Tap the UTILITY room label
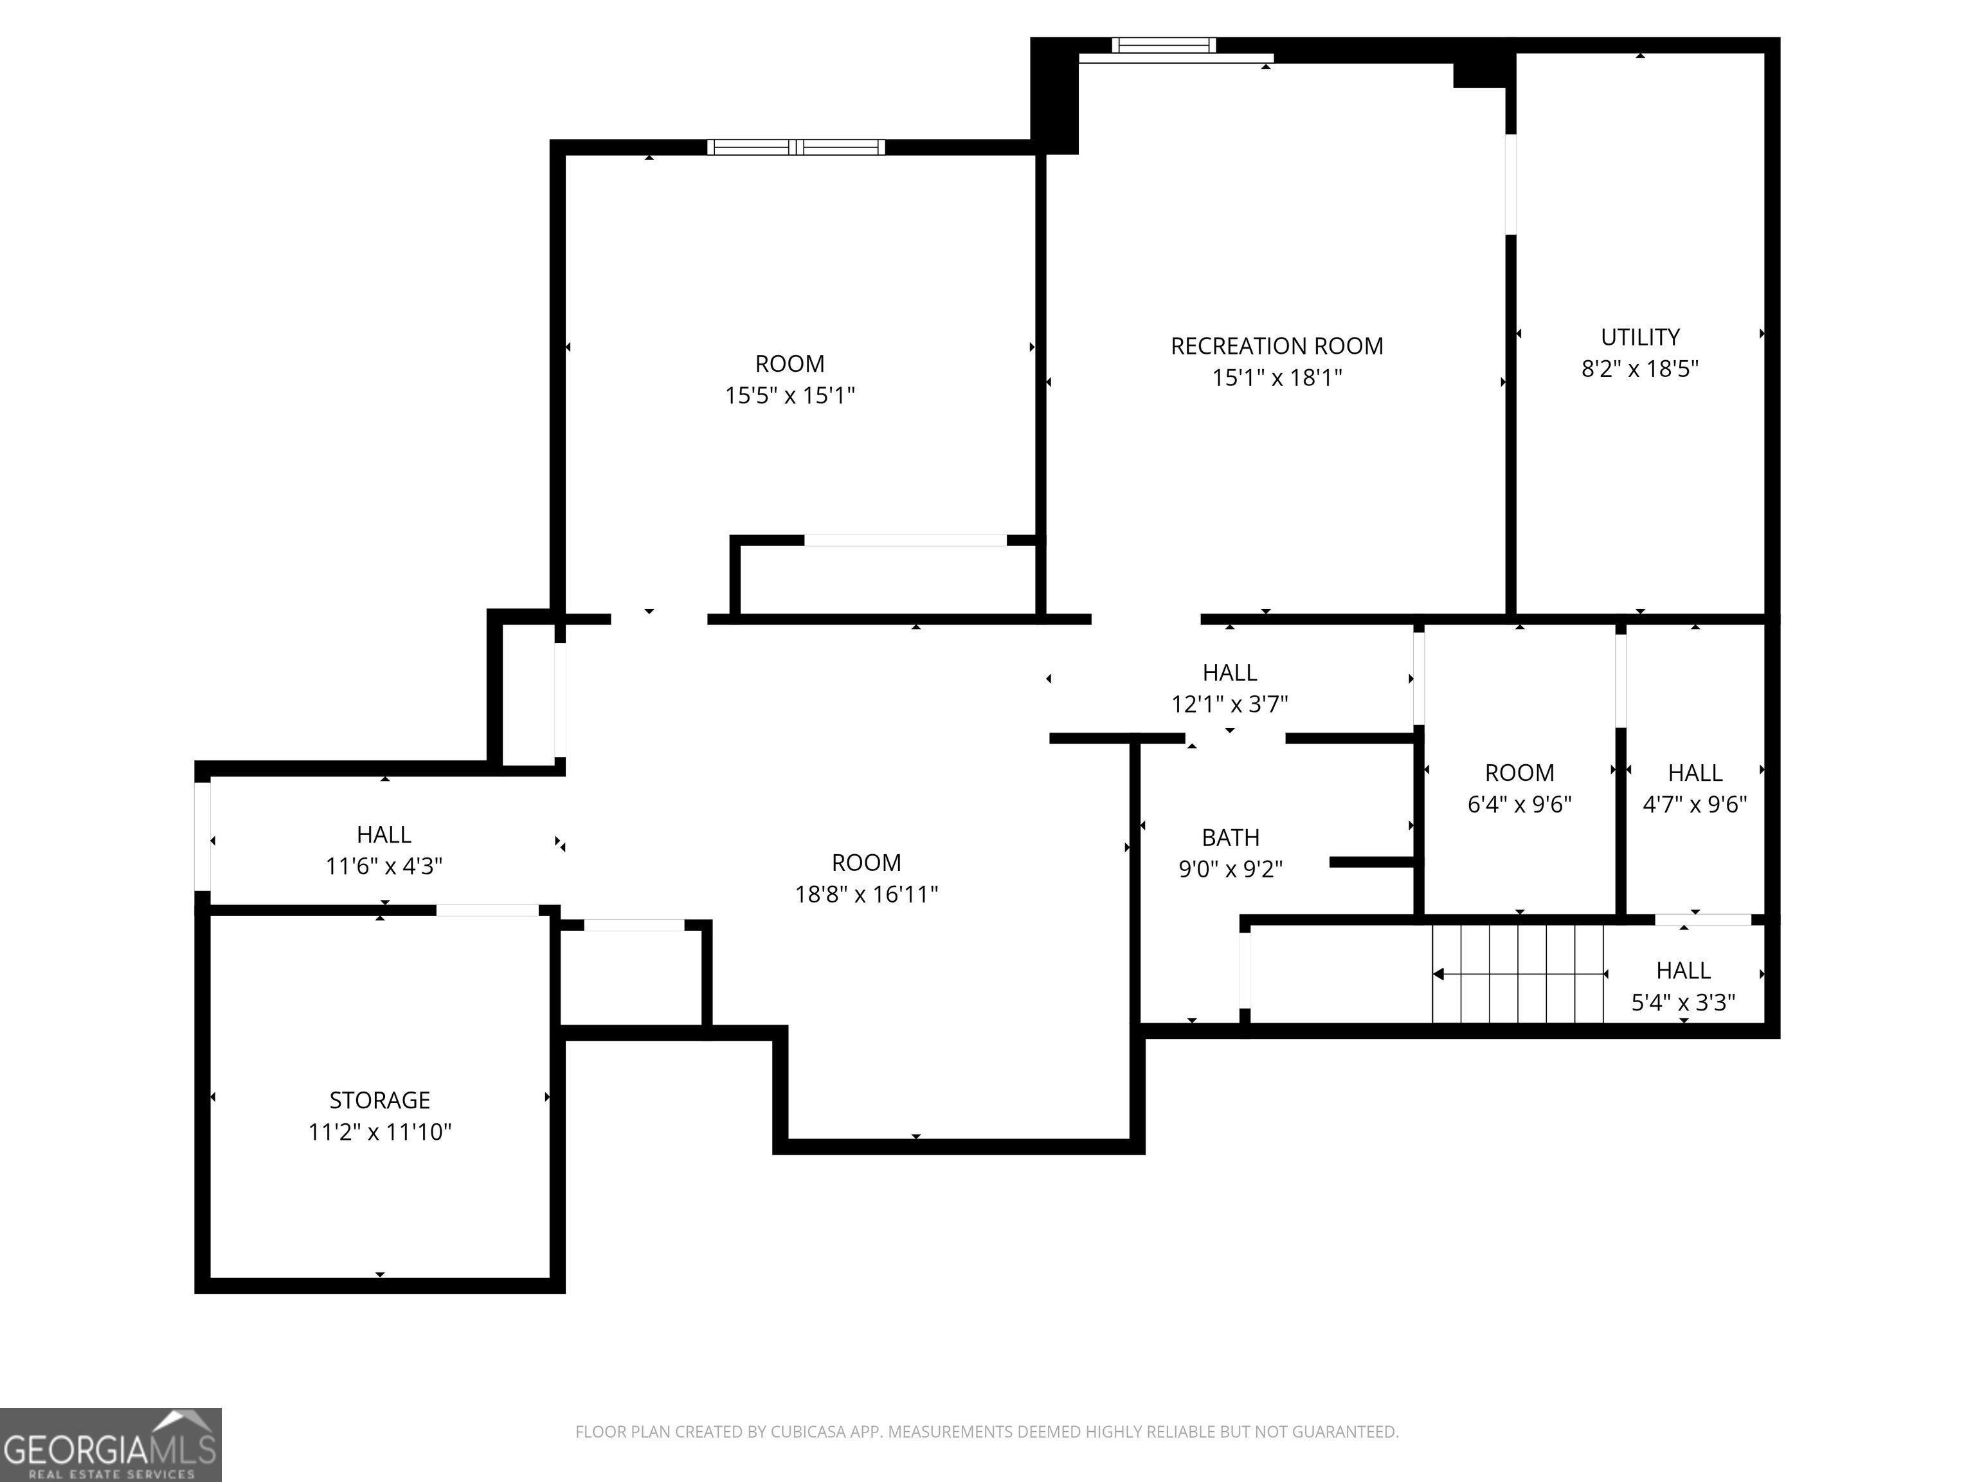point(1640,337)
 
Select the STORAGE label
point(379,1100)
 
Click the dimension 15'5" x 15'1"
point(790,395)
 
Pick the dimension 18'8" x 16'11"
point(866,893)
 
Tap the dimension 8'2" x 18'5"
point(1640,368)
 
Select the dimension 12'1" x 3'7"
point(1229,704)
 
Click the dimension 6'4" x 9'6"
point(1520,804)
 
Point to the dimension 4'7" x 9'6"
point(1695,804)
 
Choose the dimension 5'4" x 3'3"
point(1683,1002)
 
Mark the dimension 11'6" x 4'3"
point(384,866)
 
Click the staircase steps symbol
point(1518,974)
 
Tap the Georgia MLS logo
point(110,1445)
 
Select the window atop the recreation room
point(1164,44)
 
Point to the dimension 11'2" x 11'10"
point(379,1132)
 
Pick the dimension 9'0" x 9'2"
point(1231,868)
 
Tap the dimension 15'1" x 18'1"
point(1277,377)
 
